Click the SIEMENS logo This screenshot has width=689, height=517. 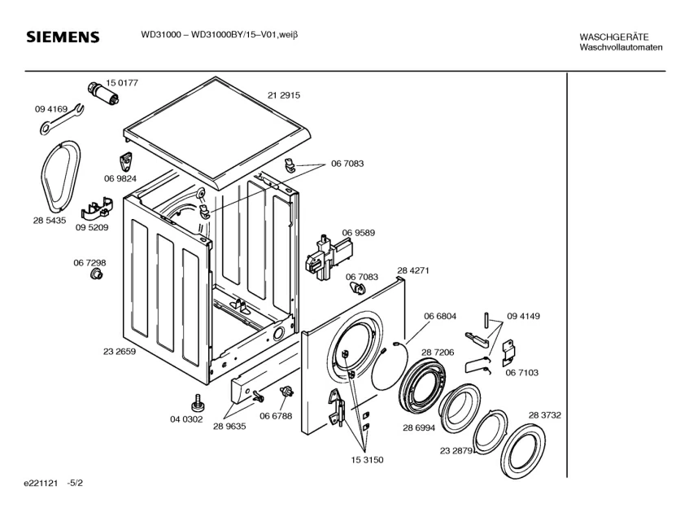click(63, 37)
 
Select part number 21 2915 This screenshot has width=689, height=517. click(284, 95)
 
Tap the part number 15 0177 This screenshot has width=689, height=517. click(122, 83)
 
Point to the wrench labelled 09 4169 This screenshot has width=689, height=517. click(59, 119)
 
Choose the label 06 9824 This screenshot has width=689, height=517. click(120, 178)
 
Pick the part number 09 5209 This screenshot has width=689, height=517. click(93, 228)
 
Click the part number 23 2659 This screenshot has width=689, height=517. click(120, 352)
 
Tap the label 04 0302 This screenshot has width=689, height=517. click(185, 419)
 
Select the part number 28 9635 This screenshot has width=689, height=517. click(230, 425)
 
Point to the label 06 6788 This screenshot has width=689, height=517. click(277, 417)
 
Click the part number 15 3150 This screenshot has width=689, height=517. click(367, 460)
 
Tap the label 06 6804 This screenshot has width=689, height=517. click(440, 316)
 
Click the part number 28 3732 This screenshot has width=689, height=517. click(545, 415)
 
